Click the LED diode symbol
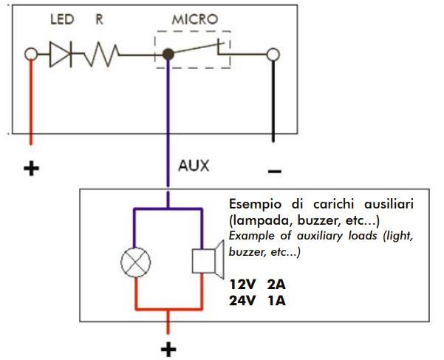(x=61, y=55)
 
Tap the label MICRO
(x=194, y=20)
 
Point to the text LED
(x=61, y=20)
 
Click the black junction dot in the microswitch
(x=168, y=54)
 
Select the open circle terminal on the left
(x=31, y=55)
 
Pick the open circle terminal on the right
(x=273, y=55)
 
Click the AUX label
(x=194, y=166)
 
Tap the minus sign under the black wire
(x=274, y=171)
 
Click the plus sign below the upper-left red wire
(x=31, y=169)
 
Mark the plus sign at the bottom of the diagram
(x=169, y=348)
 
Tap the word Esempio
(x=257, y=204)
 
